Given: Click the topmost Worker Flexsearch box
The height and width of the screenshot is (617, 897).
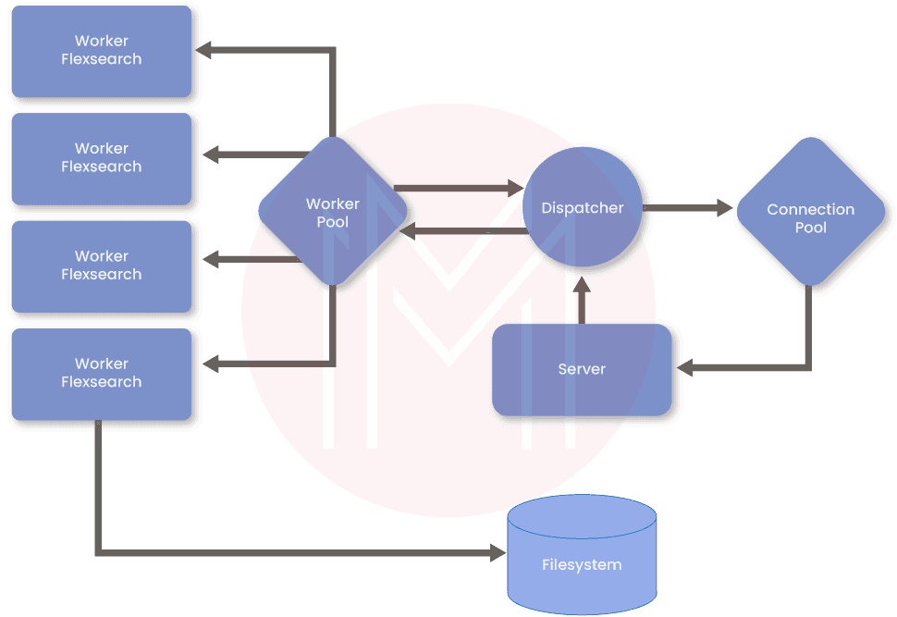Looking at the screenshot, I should pyautogui.click(x=101, y=50).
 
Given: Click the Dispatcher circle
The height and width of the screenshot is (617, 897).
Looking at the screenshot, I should pyautogui.click(x=582, y=208).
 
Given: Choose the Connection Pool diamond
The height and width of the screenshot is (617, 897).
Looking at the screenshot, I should pyautogui.click(x=810, y=218).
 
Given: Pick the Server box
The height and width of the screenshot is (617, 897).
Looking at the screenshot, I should pyautogui.click(x=582, y=369).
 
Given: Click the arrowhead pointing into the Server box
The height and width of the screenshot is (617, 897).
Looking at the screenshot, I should pyautogui.click(x=685, y=368).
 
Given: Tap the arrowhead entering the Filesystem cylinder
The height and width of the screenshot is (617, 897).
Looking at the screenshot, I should pyautogui.click(x=498, y=553).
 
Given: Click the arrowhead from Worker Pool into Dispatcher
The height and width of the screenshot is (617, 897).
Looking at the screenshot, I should pyautogui.click(x=512, y=189).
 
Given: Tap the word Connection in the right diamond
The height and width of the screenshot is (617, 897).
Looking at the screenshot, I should pyautogui.click(x=810, y=210).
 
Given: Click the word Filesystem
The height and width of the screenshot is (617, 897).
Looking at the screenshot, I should pyautogui.click(x=582, y=564).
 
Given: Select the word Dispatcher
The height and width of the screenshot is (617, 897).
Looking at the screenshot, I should pyautogui.click(x=582, y=208).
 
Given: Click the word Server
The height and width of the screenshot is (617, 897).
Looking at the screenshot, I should pyautogui.click(x=582, y=369).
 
